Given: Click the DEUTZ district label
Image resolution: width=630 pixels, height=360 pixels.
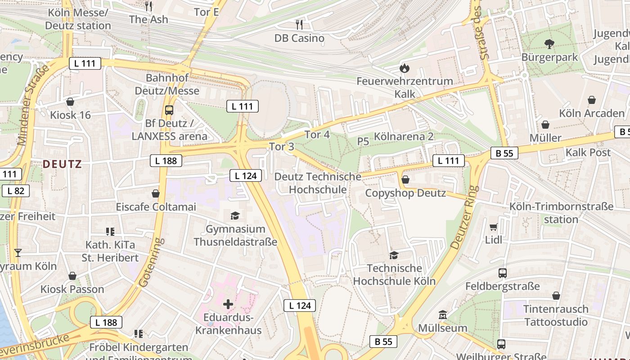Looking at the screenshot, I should click(x=62, y=164).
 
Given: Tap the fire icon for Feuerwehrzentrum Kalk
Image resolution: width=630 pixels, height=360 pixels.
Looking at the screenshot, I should click(x=405, y=68).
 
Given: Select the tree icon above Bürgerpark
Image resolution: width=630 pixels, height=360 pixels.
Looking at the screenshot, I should click(x=549, y=44).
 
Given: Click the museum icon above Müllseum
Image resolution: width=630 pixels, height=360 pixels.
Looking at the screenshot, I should click(x=443, y=315).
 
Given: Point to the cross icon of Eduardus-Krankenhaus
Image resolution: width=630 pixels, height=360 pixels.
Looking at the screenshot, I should click(x=228, y=304).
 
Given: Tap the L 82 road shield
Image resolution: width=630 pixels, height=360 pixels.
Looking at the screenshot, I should click(x=16, y=191).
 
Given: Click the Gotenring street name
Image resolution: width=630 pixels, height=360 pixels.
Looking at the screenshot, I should click(x=150, y=263).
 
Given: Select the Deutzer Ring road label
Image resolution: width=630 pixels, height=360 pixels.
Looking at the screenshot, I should click(x=463, y=217).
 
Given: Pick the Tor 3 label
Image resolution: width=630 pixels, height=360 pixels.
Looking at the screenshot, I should click(x=282, y=146).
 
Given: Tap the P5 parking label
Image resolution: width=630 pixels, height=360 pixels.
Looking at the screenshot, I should click(x=363, y=141).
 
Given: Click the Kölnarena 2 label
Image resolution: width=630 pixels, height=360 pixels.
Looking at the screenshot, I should click(x=404, y=136).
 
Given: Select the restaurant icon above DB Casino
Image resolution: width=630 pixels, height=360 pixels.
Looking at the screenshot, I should click(x=299, y=24).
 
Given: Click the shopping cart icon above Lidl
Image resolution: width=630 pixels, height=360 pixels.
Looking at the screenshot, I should click(x=494, y=227).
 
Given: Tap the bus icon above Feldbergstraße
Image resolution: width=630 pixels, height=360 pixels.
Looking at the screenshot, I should click(x=503, y=273).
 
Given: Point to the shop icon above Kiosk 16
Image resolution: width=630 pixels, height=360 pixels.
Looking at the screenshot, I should click(x=70, y=102).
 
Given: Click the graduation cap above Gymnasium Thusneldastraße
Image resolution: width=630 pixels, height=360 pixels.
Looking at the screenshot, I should click(x=235, y=216).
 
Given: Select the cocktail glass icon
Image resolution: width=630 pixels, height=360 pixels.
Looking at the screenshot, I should click(x=18, y=252).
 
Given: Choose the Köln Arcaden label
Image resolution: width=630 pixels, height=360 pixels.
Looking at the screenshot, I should click(x=592, y=113).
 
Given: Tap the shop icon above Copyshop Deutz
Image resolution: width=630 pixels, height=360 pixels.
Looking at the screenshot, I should click(x=405, y=180).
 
